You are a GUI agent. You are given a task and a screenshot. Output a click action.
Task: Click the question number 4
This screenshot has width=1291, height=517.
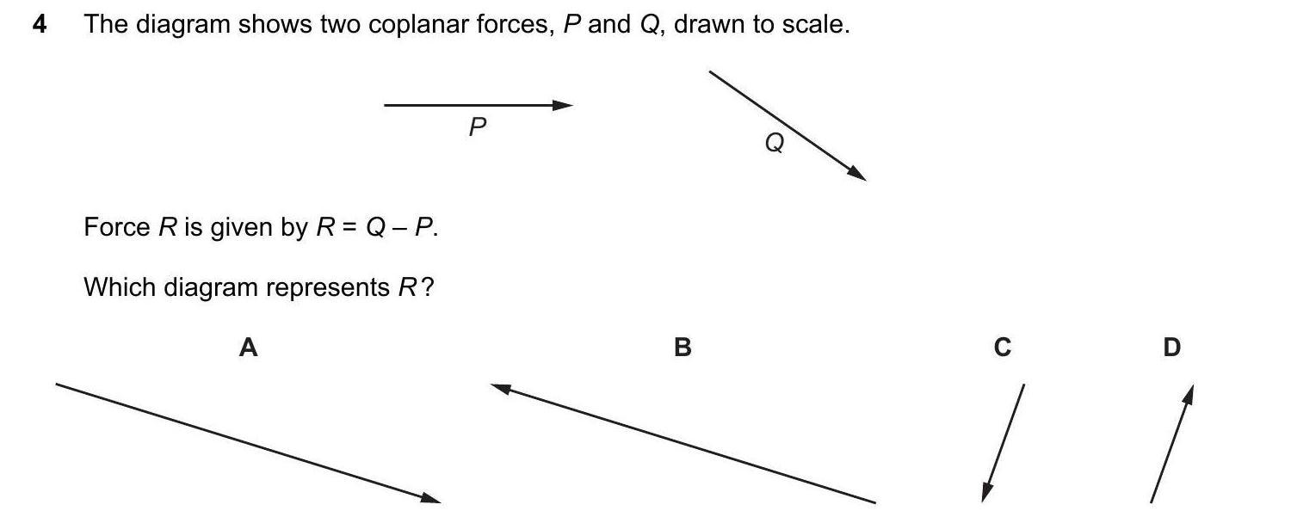pyautogui.click(x=40, y=25)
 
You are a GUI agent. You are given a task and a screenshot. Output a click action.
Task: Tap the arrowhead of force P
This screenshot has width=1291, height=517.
pyautogui.click(x=564, y=105)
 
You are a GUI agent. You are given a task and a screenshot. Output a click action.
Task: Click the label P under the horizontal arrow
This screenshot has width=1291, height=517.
pyautogui.click(x=478, y=128)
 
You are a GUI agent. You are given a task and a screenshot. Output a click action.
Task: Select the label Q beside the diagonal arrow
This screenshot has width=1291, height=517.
pyautogui.click(x=775, y=144)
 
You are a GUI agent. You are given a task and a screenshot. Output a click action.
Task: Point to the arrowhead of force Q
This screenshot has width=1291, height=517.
pyautogui.click(x=857, y=175)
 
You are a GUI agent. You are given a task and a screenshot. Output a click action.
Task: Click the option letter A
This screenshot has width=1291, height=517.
pyautogui.click(x=248, y=348)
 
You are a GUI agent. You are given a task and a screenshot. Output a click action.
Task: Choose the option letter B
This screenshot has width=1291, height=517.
pyautogui.click(x=683, y=348)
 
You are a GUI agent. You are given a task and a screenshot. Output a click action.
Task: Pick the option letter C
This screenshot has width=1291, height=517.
pyautogui.click(x=1003, y=348)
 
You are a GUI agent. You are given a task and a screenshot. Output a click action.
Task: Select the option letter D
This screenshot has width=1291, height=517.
pyautogui.click(x=1171, y=348)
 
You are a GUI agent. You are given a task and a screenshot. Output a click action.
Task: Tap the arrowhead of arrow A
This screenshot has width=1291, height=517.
pyautogui.click(x=431, y=497)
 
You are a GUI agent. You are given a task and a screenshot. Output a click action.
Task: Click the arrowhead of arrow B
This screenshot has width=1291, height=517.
pyautogui.click(x=501, y=388)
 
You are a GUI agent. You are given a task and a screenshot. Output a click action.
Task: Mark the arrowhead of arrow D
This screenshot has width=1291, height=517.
pyautogui.click(x=1189, y=394)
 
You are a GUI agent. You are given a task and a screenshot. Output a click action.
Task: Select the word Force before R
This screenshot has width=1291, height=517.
pyautogui.click(x=116, y=228)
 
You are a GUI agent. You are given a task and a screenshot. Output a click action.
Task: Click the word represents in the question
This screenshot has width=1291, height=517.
pyautogui.click(x=328, y=288)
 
